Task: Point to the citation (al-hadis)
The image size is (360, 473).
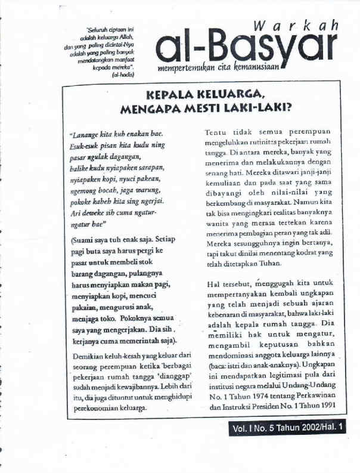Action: [123, 76]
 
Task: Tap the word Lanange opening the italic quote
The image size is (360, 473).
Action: [85, 134]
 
